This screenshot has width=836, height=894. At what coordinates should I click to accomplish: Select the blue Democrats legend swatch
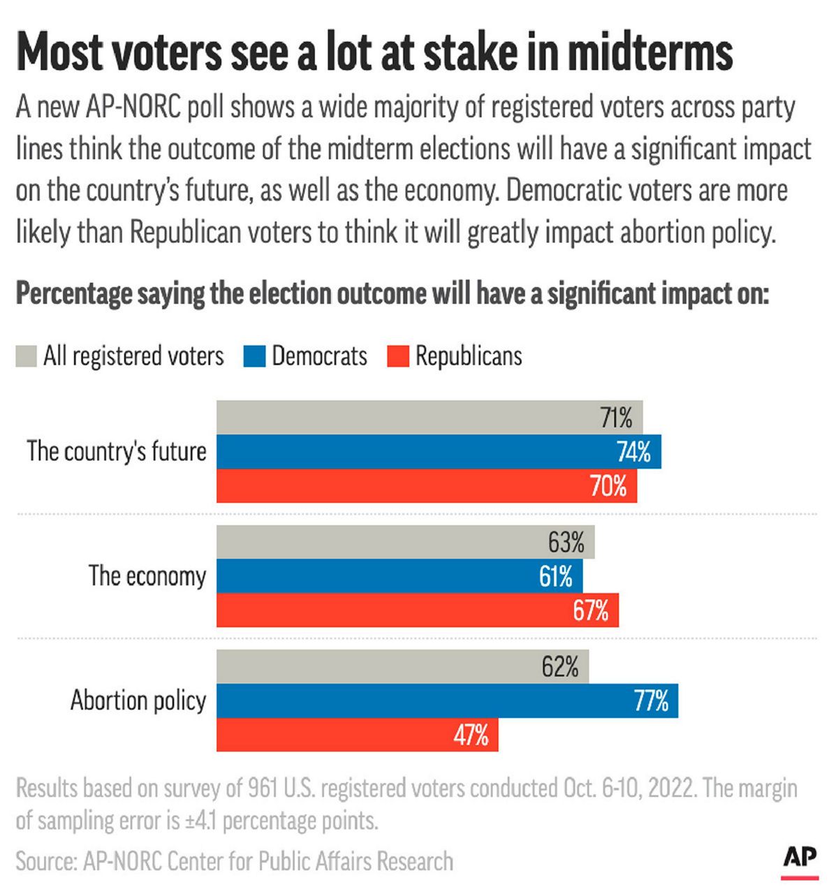pos(255,356)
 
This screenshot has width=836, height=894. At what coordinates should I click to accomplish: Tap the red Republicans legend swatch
pos(397,356)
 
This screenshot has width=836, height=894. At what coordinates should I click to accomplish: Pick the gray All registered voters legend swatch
pos(26,356)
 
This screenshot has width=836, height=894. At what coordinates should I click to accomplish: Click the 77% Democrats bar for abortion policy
pos(447,701)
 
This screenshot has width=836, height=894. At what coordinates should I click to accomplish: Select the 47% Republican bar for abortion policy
pos(357,735)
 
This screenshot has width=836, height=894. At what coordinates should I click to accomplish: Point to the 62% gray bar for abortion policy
pos(402,667)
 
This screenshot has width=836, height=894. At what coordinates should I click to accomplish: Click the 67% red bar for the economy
pos(417,610)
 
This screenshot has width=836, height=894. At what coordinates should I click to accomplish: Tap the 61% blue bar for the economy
pos(399,576)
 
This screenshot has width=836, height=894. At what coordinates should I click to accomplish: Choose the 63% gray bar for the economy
pos(405,542)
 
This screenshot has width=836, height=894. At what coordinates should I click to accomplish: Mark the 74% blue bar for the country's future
pos(439,452)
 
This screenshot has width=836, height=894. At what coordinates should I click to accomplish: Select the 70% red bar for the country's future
pos(426,485)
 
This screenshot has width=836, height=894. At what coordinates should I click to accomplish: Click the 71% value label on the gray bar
pos(616,418)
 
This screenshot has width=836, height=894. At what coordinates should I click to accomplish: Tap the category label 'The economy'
pos(147,576)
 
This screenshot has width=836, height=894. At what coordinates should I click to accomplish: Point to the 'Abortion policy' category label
pos(138,701)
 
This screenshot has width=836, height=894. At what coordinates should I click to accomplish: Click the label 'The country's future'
pos(117,452)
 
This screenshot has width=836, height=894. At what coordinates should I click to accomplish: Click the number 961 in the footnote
pos(264,789)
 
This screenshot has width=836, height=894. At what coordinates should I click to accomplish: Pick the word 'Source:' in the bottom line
pos(45,861)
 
